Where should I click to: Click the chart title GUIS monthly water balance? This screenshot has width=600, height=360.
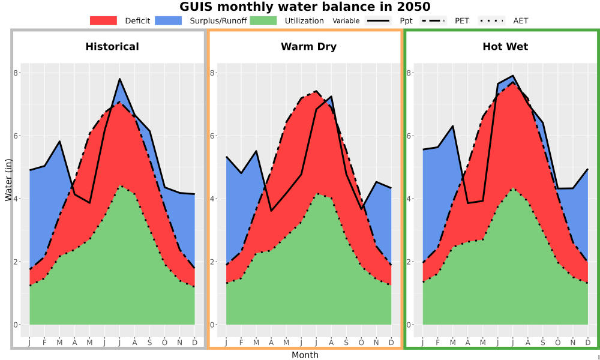305,7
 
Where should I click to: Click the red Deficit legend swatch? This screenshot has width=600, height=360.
103,20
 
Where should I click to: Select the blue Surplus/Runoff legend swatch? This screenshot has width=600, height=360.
169,20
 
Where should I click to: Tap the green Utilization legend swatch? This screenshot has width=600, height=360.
263,20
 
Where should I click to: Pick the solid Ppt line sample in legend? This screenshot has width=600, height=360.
378,20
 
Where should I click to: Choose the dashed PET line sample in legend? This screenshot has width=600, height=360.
433,20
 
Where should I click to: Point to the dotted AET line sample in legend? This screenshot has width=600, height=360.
491,20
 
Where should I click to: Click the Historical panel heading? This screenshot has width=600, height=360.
112,47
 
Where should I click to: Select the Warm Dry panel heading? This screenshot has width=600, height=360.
309,47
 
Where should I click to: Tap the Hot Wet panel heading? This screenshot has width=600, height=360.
505,47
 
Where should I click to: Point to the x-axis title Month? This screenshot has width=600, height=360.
305,355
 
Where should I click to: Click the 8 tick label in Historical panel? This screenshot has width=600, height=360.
16,73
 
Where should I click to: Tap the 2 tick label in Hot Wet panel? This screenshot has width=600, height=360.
409,262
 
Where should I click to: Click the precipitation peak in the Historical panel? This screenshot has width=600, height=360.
120,79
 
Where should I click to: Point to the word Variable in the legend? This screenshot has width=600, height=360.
346,20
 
